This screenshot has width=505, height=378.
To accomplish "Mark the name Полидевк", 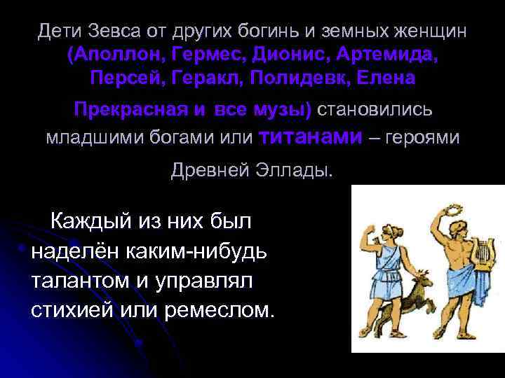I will point(295,78).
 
